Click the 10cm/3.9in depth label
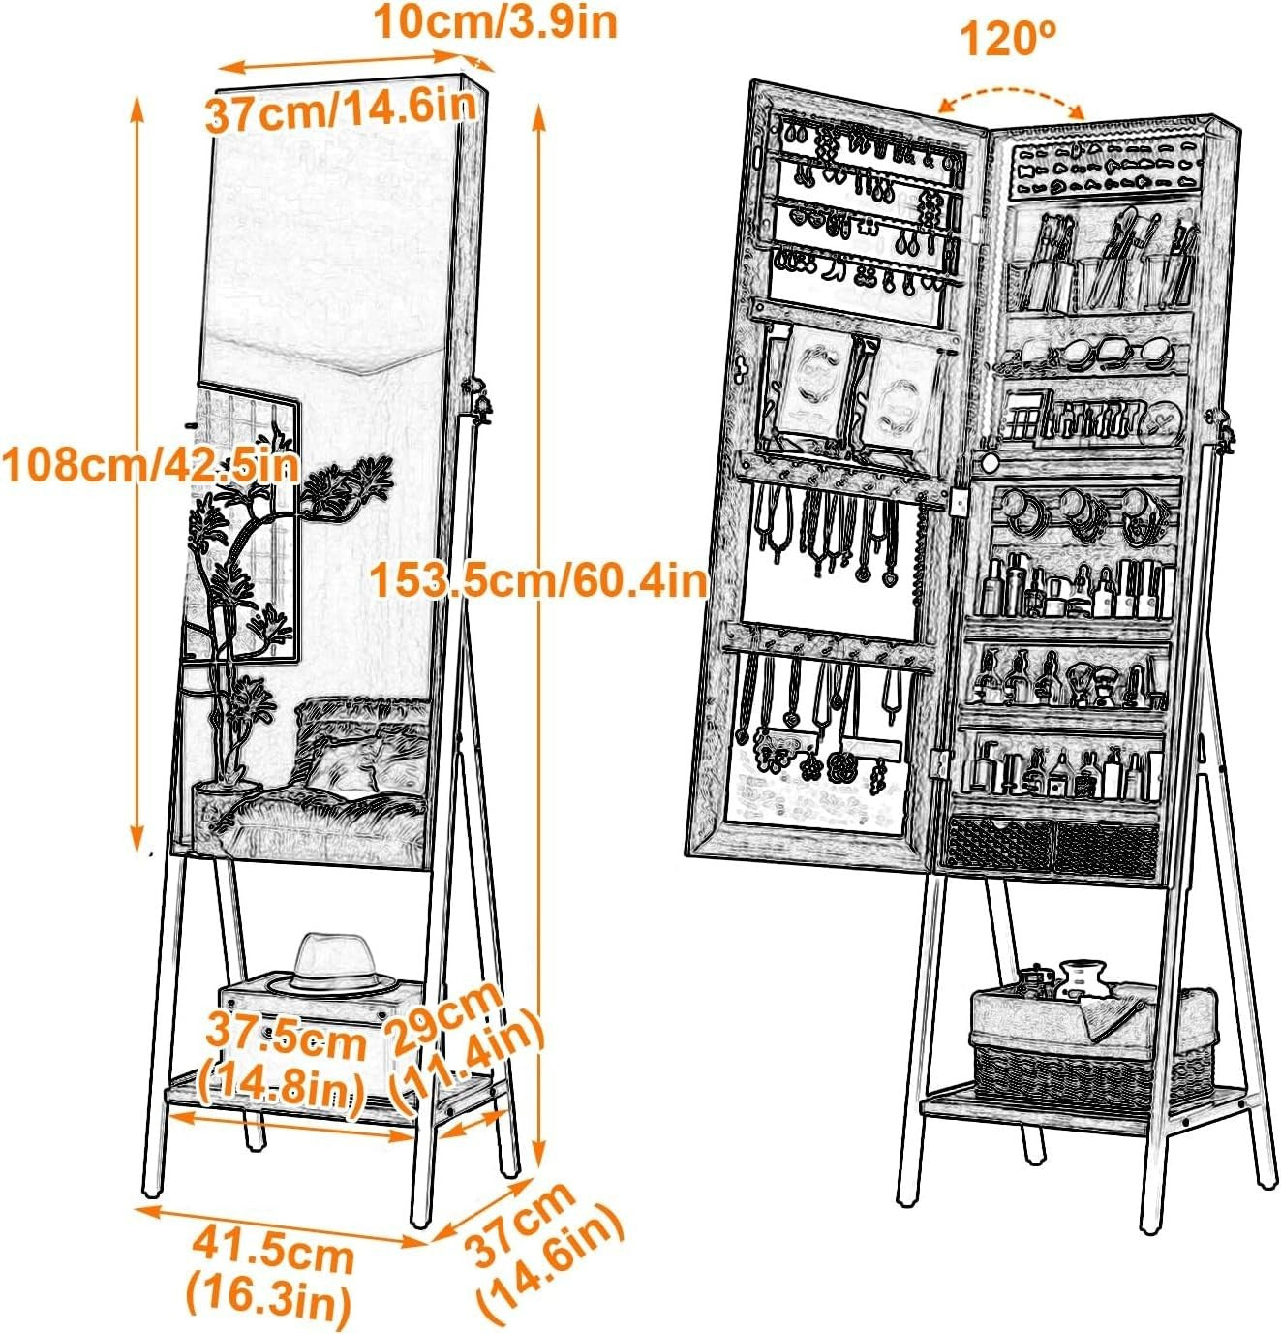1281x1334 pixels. tap(496, 22)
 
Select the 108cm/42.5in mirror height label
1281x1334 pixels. tap(151, 464)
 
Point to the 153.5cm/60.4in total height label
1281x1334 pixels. tap(538, 581)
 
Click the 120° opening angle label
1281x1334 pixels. tap(1010, 39)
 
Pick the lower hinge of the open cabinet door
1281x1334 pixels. tap(940, 763)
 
